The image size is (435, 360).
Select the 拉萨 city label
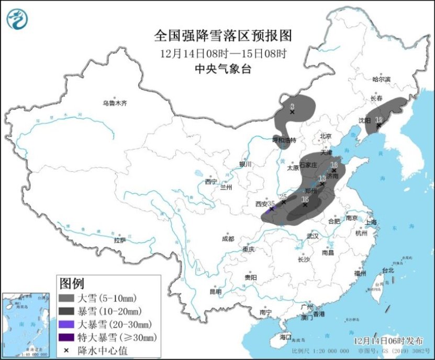(120, 240)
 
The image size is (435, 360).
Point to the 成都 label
(228, 239)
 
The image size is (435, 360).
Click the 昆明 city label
(215, 291)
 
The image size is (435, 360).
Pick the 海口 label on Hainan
(285, 336)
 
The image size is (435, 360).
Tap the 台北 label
(387, 271)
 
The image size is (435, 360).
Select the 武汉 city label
(313, 236)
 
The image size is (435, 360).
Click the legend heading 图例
(71, 283)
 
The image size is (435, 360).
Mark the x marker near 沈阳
(378, 125)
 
